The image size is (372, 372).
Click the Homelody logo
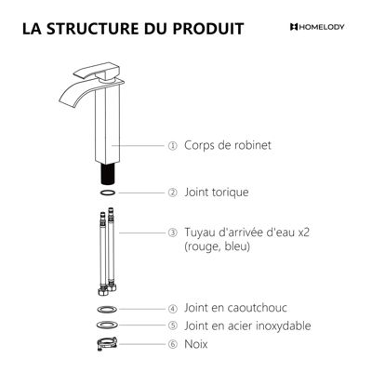pyautogui.click(x=317, y=27)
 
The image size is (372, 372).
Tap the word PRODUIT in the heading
pyautogui.click(x=208, y=28)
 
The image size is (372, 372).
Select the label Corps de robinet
pyautogui.click(x=228, y=145)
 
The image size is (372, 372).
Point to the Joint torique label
pyautogui.click(x=217, y=193)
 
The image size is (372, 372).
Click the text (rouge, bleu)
pyautogui.click(x=217, y=246)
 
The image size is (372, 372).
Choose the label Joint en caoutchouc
pyautogui.click(x=235, y=308)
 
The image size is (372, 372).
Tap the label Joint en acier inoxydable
pyautogui.click(x=247, y=325)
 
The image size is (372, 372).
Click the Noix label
pyautogui.click(x=196, y=344)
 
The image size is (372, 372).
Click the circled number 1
pyautogui.click(x=173, y=146)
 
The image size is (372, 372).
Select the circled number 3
pyautogui.click(x=173, y=232)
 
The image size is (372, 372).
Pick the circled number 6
pyautogui.click(x=173, y=344)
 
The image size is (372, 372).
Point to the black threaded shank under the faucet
pyautogui.click(x=107, y=174)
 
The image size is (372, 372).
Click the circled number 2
pyautogui.click(x=173, y=193)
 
